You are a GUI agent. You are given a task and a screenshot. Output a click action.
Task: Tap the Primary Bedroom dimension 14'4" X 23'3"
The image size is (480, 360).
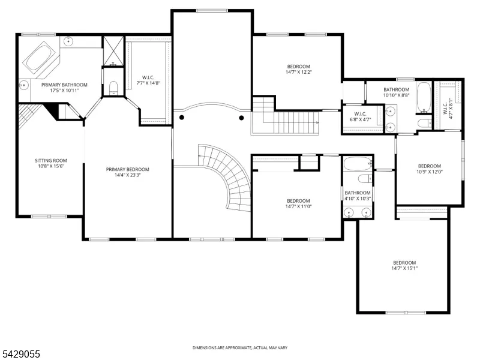coord(128,175)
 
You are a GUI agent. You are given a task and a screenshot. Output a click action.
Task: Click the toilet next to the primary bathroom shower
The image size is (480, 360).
coord(113,88)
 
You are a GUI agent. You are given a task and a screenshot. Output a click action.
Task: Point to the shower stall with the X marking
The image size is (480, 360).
coord(113,51)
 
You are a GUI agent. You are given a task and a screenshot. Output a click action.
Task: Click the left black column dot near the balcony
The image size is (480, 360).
coord(182,117)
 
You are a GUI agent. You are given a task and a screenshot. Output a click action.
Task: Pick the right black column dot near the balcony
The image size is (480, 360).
coord(241,118)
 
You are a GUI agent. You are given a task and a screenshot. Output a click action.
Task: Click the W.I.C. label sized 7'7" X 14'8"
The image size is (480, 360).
coord(148,80)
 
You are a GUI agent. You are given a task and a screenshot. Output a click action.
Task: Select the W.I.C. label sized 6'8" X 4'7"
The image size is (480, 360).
coord(361,116)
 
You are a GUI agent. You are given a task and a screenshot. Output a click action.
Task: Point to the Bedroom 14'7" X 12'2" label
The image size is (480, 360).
coord(298,69)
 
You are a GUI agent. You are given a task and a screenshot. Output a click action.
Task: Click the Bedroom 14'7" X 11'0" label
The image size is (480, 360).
coord(298,203)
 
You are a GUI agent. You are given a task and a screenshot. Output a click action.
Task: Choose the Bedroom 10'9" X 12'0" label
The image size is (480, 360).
coord(430,169)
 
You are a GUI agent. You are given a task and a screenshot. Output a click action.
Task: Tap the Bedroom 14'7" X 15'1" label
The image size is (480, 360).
coord(404,265)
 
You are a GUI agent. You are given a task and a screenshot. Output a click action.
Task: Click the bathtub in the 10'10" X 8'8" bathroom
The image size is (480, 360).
coord(424,97)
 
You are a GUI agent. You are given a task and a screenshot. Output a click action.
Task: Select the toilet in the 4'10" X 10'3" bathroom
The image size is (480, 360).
coord(365,178)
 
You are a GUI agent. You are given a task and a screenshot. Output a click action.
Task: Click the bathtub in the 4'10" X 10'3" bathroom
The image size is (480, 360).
coord(358,164)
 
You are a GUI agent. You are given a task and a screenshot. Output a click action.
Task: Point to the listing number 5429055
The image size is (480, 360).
coord(20,354)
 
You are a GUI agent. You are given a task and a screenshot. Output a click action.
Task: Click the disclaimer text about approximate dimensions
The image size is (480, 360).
coord(240,348)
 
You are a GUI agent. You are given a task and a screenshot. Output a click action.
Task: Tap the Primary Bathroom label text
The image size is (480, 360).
coord(64,85)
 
